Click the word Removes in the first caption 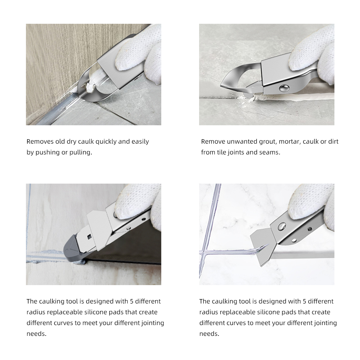click(40, 141)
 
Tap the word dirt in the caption click(333, 141)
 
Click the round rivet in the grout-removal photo click(284, 88)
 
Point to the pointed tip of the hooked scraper click(221, 86)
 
